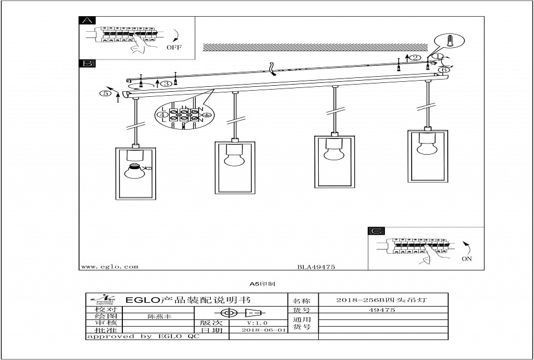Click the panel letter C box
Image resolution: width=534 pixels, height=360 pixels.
point(377,231)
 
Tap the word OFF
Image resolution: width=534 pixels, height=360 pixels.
point(174,48)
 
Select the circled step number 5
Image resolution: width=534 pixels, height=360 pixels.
point(105,93)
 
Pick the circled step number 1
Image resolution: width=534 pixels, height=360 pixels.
point(438,57)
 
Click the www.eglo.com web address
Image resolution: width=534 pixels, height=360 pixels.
point(110,267)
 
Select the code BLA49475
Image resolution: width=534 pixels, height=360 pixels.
point(315,267)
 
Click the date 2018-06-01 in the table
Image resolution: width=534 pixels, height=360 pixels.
point(264,329)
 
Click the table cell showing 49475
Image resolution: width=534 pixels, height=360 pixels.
point(383,310)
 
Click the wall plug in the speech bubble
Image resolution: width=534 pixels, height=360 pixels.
point(451,42)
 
